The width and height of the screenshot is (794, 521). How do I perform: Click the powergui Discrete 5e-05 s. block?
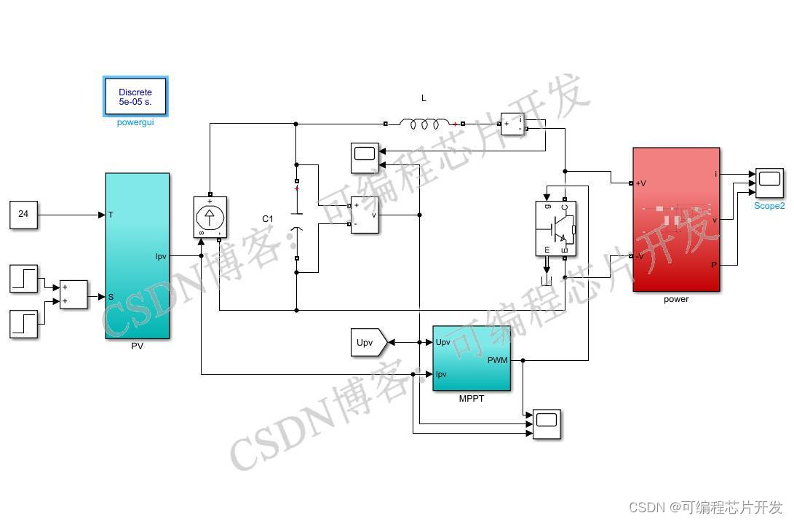click(135, 96)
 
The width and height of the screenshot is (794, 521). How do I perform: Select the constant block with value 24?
click(23, 214)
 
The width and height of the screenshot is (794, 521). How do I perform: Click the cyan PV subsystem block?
click(137, 255)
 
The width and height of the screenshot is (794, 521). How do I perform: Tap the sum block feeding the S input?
click(73, 295)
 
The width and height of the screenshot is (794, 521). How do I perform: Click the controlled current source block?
click(210, 216)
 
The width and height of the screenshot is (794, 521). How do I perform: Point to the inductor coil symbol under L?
click(424, 124)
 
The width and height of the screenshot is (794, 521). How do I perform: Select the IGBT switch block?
click(555, 228)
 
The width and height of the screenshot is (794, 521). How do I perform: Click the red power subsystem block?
click(676, 219)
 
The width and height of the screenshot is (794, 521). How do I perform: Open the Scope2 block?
click(769, 183)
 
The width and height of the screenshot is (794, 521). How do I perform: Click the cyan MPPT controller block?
click(472, 358)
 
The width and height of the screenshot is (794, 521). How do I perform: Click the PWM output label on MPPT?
click(498, 360)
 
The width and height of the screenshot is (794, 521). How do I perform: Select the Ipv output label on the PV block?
click(161, 255)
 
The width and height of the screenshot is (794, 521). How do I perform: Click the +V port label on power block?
click(641, 183)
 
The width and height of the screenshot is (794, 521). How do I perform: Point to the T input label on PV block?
click(111, 215)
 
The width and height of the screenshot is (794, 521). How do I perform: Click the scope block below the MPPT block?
click(547, 423)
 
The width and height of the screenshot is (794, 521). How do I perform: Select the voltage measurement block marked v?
click(364, 215)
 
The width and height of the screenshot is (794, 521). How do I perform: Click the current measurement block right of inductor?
click(512, 124)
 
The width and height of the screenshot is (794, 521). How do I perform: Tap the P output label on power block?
click(714, 266)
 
